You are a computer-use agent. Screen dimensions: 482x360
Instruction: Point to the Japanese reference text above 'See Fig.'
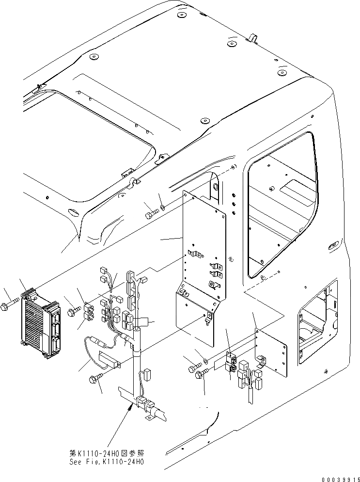107,453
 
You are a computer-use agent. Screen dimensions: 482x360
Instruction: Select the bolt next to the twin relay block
73,310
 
